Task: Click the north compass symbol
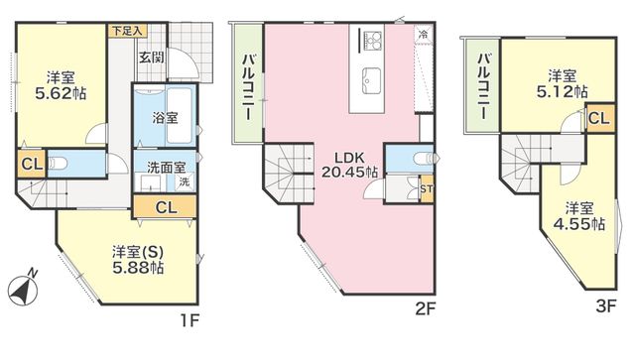point(23,289)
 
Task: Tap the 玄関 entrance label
point(152,58)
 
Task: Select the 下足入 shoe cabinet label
point(127,31)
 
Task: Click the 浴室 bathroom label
point(165,118)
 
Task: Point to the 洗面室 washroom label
point(166,167)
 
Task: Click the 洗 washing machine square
point(185,181)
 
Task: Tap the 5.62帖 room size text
point(61,94)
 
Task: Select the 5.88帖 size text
point(138,268)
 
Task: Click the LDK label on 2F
point(349,158)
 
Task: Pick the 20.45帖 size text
point(350,172)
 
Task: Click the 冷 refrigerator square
point(424,34)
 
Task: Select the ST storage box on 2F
point(427,188)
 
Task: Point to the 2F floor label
point(425,309)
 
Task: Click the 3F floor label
point(606,305)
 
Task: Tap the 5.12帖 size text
point(563,92)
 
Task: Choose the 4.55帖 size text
point(579,223)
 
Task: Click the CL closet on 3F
point(599,118)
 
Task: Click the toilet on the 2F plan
point(424,159)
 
